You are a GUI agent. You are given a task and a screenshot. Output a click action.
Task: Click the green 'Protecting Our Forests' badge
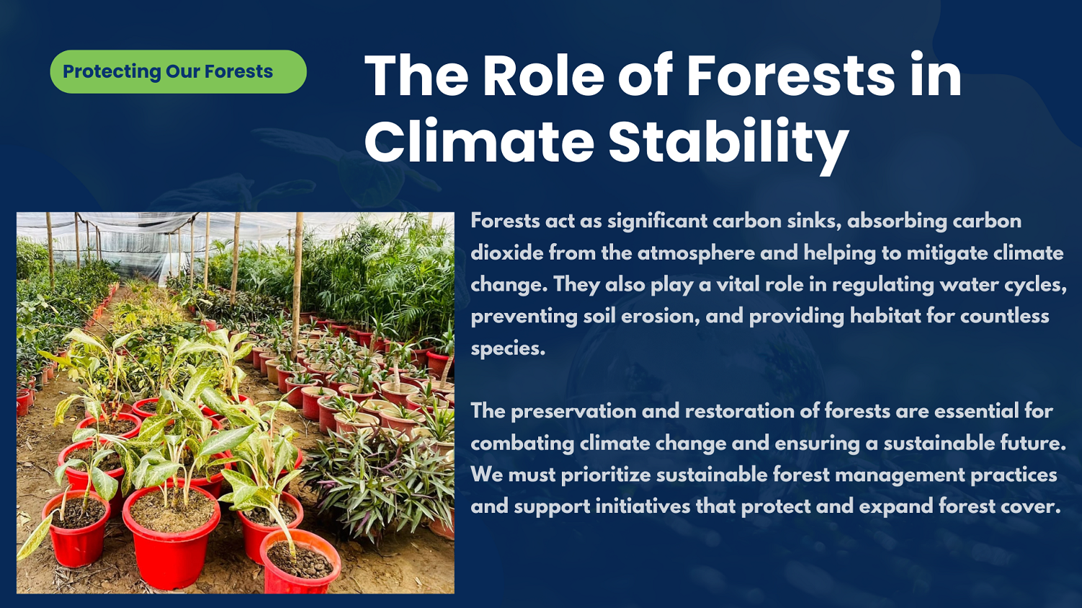pyautogui.click(x=178, y=71)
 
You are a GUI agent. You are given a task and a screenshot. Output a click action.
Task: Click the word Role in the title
pyautogui.click(x=543, y=76)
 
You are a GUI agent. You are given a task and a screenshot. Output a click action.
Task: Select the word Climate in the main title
pyautogui.click(x=479, y=140)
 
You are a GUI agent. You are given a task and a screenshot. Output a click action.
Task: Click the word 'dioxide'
pyautogui.click(x=506, y=252)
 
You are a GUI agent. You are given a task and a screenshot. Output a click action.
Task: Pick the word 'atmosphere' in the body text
pyautogui.click(x=696, y=253)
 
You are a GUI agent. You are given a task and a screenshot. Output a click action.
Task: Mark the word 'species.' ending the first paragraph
pyautogui.click(x=508, y=348)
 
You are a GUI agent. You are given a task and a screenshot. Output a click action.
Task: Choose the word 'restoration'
pyautogui.click(x=740, y=411)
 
